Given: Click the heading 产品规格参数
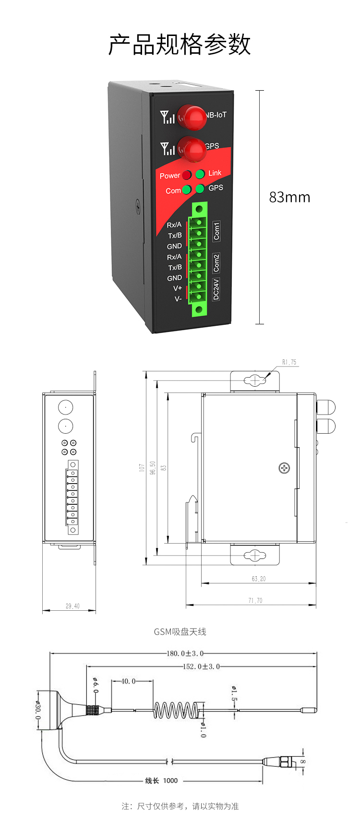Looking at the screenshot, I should pyautogui.click(x=180, y=45).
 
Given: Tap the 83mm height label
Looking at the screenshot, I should pyautogui.click(x=289, y=197).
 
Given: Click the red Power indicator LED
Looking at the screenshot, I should pyautogui.click(x=187, y=175).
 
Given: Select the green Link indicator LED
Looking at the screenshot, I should pyautogui.click(x=200, y=174).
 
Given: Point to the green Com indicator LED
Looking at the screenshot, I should pyautogui.click(x=187, y=190).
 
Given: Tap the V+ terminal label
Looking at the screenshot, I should pyautogui.click(x=178, y=288).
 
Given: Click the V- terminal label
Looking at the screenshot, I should pyautogui.click(x=178, y=299).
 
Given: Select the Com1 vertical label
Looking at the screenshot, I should pyautogui.click(x=216, y=231).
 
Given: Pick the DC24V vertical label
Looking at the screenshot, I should pyautogui.click(x=216, y=289).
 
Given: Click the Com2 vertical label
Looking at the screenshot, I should pyautogui.click(x=216, y=263).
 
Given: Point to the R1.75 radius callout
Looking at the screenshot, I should pyautogui.click(x=289, y=362).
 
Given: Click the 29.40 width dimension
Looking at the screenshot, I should pyautogui.click(x=72, y=606).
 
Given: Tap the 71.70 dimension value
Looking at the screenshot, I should pyautogui.click(x=255, y=600).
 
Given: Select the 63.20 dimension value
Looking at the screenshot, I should pyautogui.click(x=258, y=579).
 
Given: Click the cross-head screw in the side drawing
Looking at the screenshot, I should pyautogui.click(x=284, y=468).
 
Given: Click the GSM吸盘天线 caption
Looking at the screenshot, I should pyautogui.click(x=180, y=632).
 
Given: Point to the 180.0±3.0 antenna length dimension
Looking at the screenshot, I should pyautogui.click(x=185, y=653).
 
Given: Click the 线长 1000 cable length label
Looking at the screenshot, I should pyautogui.click(x=161, y=781).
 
